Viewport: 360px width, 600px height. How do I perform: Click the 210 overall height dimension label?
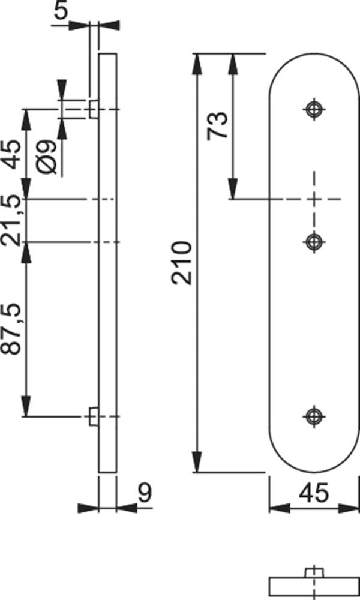click(181, 262)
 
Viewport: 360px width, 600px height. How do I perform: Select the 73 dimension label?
click(217, 125)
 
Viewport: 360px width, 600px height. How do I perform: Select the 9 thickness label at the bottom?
click(145, 493)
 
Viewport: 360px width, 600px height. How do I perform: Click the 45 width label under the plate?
click(314, 493)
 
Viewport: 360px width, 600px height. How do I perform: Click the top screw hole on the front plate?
click(314, 109)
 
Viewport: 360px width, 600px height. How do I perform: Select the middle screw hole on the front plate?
click(314, 242)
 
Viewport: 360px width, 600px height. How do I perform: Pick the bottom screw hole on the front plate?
click(314, 416)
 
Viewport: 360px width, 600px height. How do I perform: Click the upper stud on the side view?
click(94, 109)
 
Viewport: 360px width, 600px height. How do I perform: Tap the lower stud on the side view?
click(94, 416)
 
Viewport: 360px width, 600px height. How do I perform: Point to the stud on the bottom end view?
click(314, 573)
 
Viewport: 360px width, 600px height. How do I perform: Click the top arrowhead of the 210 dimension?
click(197, 63)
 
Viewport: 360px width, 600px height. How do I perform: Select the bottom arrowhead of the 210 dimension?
click(197, 463)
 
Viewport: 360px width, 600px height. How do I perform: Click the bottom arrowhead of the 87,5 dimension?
click(26, 406)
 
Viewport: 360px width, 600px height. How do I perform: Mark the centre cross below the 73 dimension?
click(314, 199)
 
